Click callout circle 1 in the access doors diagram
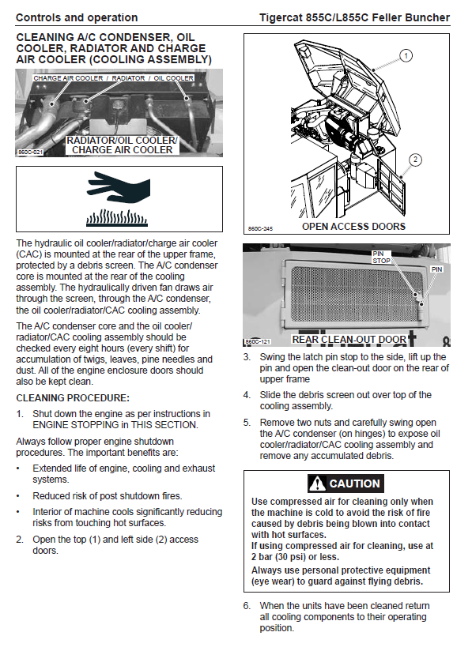pos(406,55)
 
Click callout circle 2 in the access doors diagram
pos(416,160)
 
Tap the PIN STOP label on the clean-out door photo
pos(381,257)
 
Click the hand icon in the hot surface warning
pos(119,188)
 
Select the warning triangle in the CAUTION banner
pos(318,484)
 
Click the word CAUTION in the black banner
pos(354,484)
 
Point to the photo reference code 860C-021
pos(30,152)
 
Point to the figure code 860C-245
pos(260,229)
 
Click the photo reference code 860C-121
pos(258,341)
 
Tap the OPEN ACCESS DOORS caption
pos(353,227)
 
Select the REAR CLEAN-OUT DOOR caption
pos(349,340)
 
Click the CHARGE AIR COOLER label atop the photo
pos(68,78)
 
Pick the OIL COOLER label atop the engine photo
pos(173,78)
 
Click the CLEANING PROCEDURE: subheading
pos(73,398)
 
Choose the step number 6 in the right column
pos(247,606)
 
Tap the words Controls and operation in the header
pos(77,18)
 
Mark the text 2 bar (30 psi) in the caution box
pos(278,557)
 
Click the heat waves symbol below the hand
pos(117,218)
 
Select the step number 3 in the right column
pos(247,357)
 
